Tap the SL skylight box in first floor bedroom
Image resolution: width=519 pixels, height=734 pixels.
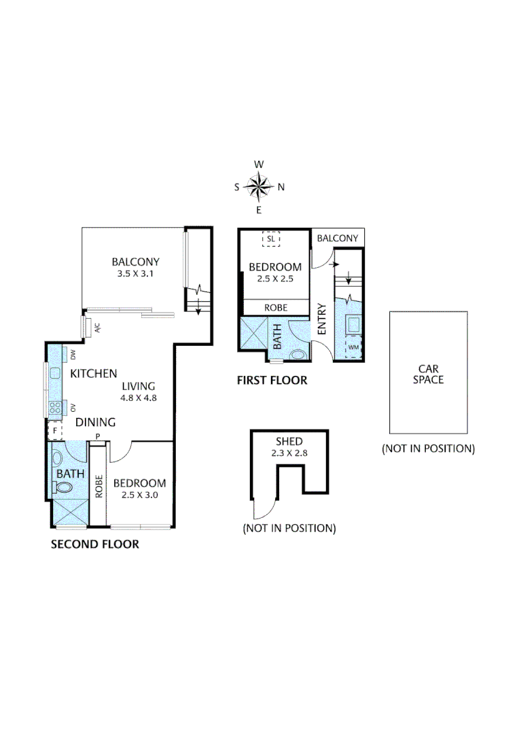click(271, 239)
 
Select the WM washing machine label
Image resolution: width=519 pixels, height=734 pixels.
click(353, 347)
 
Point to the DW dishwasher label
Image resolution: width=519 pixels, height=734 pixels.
click(72, 353)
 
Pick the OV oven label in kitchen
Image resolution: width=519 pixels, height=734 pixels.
click(72, 408)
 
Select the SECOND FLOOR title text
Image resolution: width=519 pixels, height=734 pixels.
click(95, 544)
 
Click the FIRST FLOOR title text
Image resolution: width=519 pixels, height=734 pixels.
click(272, 381)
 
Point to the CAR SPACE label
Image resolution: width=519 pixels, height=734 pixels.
click(428, 374)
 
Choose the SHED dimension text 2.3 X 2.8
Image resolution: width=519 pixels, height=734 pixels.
click(289, 453)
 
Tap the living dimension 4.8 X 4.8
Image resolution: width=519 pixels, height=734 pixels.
click(139, 398)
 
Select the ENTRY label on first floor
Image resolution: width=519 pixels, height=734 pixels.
click(322, 318)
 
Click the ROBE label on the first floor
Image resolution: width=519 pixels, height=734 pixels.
click(276, 308)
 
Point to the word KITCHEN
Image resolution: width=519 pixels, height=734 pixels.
click(94, 374)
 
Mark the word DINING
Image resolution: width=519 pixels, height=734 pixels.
click(95, 422)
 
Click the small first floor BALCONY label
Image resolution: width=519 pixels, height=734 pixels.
click(338, 238)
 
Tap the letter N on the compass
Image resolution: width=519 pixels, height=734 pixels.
click(281, 188)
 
